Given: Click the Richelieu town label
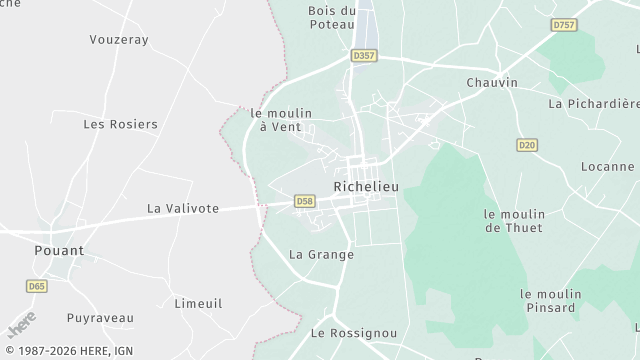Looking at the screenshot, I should [365, 186].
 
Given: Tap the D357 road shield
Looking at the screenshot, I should [364, 56].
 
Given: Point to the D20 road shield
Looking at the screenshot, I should [527, 146].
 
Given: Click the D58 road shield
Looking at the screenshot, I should [305, 202].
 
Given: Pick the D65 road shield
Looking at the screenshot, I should [37, 286].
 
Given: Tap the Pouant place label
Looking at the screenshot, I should [59, 250].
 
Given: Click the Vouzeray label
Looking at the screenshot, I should [119, 39].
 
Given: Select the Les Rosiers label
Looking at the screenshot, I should [120, 124].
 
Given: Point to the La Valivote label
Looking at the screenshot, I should [182, 208].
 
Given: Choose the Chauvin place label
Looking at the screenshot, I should [492, 82].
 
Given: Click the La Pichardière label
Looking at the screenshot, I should [594, 103].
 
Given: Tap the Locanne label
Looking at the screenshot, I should [607, 166].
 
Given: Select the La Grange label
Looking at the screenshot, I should [321, 254].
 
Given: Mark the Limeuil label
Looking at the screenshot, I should [198, 303].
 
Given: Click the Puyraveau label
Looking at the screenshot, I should [100, 318].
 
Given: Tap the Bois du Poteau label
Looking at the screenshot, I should [332, 19].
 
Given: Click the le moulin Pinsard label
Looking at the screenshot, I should [550, 300].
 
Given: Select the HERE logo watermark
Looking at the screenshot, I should [21, 325].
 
